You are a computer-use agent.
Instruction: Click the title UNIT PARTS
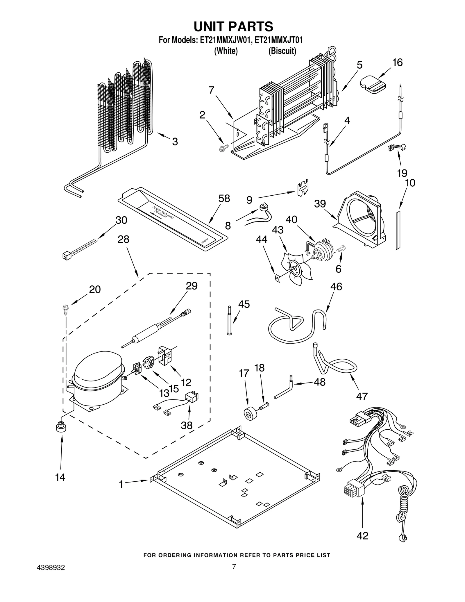[233, 27]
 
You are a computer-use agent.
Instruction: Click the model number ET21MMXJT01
[278, 40]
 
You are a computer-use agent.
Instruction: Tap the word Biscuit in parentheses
[282, 51]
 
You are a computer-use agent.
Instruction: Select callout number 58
[224, 199]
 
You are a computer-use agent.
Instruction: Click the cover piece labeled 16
[373, 84]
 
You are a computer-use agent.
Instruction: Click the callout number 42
[362, 535]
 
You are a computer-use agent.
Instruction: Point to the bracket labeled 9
[303, 188]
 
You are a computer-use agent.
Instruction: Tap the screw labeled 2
[222, 149]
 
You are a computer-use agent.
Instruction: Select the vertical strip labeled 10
[398, 230]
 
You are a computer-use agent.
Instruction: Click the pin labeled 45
[229, 320]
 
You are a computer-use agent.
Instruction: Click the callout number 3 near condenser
[175, 142]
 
